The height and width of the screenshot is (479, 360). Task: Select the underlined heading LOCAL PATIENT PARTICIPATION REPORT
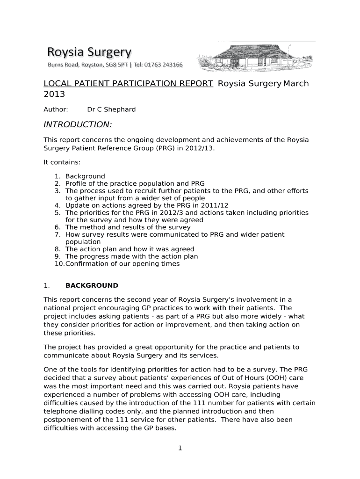pyautogui.click(x=129, y=84)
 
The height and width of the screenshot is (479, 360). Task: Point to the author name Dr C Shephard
pyautogui.click(x=111, y=109)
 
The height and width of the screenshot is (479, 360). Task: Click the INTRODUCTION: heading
pyautogui.click(x=78, y=124)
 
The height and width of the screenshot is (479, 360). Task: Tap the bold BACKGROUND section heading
pyautogui.click(x=92, y=285)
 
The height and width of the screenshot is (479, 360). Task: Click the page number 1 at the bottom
pyautogui.click(x=180, y=448)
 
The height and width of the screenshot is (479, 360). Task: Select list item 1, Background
pyautogui.click(x=85, y=176)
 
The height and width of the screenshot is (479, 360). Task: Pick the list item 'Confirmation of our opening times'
pyautogui.click(x=122, y=263)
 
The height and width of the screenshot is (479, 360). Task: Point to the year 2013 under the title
pyautogui.click(x=54, y=94)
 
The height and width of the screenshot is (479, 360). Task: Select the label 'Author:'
pyautogui.click(x=56, y=109)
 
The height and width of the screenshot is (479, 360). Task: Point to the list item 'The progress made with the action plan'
pyautogui.click(x=131, y=256)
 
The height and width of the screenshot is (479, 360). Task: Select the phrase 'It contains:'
pyautogui.click(x=62, y=162)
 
